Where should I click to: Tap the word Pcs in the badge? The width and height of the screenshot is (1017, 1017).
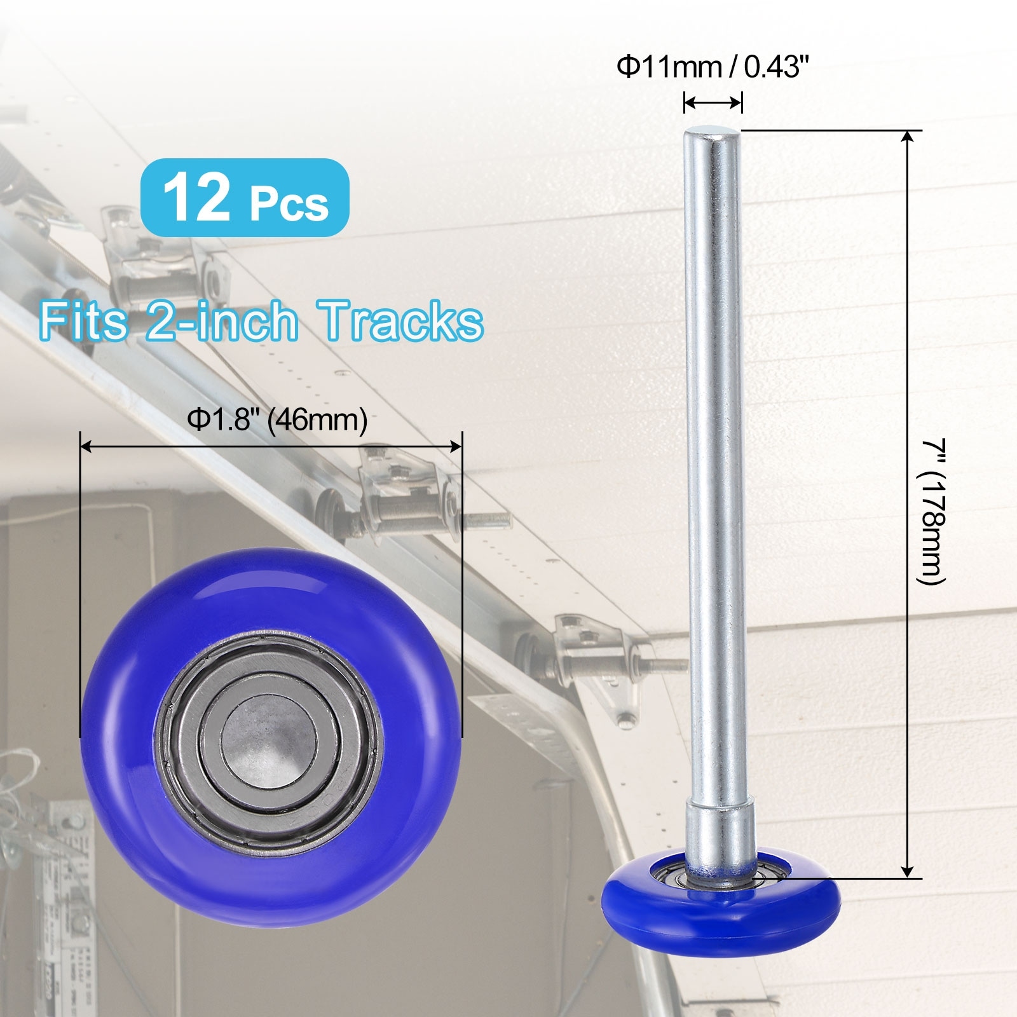click(x=289, y=203)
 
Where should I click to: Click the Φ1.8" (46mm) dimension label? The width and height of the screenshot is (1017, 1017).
click(x=277, y=420)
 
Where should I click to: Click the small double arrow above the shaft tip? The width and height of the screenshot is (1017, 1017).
click(x=713, y=102)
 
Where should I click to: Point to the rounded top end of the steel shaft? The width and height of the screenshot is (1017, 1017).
click(x=712, y=134)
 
